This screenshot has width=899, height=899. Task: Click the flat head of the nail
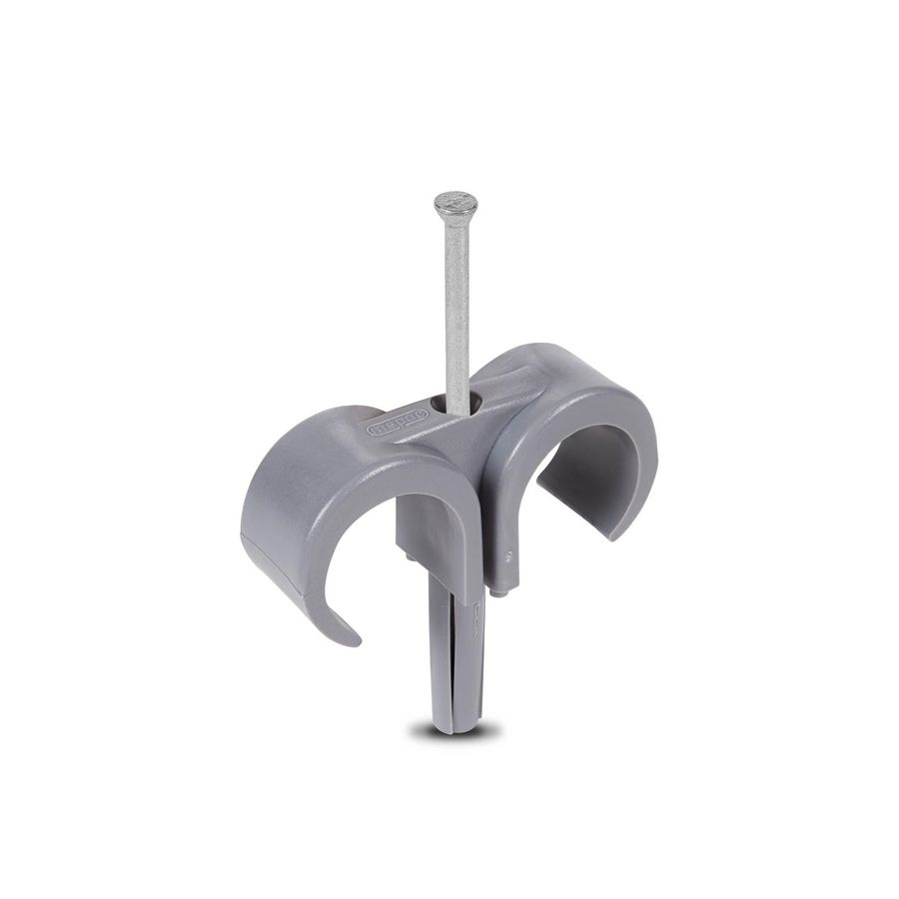(x=455, y=204)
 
